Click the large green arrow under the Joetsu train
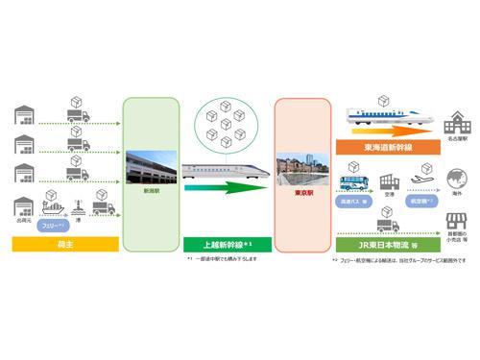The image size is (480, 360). click(226, 187)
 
